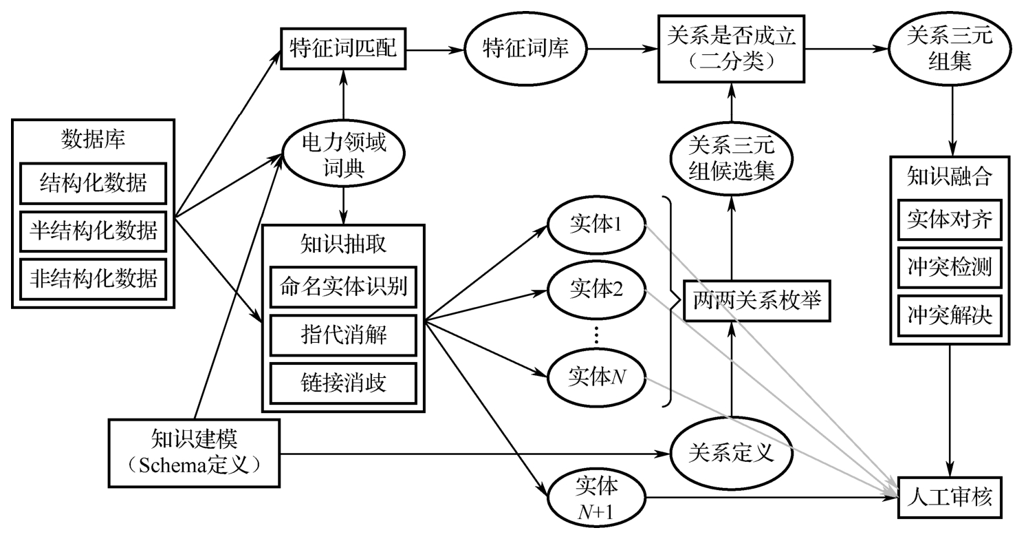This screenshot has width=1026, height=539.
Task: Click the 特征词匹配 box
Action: tap(342, 49)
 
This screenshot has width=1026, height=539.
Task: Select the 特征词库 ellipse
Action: tap(525, 50)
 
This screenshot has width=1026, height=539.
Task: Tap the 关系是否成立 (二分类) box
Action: tap(731, 50)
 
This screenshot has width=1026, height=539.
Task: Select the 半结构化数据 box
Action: tap(93, 231)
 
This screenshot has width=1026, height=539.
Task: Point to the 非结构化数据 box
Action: tap(93, 278)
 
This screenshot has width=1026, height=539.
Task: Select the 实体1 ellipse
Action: tap(596, 226)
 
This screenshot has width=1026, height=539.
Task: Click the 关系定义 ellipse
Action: tap(731, 452)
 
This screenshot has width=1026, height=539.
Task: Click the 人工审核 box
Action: tap(950, 497)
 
